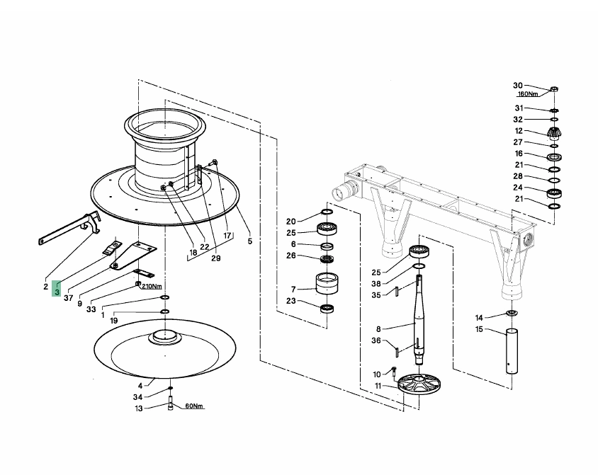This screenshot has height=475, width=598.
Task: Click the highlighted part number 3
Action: tap(57, 292)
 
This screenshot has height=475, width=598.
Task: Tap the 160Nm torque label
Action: tap(527, 93)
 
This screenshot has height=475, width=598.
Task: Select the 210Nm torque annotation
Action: tap(152, 286)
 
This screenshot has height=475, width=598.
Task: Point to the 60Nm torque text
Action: tap(194, 406)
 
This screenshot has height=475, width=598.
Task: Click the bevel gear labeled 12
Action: tap(555, 134)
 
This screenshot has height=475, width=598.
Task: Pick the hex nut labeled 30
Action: tap(554, 89)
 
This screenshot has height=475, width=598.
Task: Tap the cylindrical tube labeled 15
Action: tap(512, 351)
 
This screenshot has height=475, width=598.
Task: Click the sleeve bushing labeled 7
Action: tap(327, 283)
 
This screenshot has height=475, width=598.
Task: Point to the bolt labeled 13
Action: tap(170, 403)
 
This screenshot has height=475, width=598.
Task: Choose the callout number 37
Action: tap(68, 298)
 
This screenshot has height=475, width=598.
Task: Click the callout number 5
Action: tap(250, 241)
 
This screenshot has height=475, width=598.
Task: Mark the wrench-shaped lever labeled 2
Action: tap(71, 228)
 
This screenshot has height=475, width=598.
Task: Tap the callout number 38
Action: tap(376, 283)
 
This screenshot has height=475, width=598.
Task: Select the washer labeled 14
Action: tap(512, 313)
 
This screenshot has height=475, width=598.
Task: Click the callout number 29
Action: tap(216, 258)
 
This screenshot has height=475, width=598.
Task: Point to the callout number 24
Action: tap(517, 188)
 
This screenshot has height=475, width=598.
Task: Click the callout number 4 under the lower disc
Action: tap(140, 386)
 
